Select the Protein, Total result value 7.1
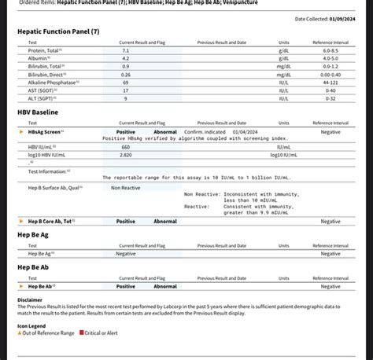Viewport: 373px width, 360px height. [x=126, y=50]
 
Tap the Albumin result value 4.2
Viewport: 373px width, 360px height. [x=126, y=58]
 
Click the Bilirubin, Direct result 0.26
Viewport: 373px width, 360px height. [x=126, y=75]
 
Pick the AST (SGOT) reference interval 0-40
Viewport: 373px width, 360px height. [x=331, y=91]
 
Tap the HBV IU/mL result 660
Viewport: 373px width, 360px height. [x=126, y=147]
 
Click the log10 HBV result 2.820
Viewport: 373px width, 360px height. [x=126, y=155]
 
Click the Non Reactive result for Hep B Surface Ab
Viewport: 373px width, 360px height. [x=126, y=187]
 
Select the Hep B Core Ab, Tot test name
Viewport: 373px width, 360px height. [x=50, y=222]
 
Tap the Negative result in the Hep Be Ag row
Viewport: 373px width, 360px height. [x=126, y=254]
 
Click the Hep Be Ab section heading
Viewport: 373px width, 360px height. [x=34, y=267]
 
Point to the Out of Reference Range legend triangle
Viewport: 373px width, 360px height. [x=20, y=332]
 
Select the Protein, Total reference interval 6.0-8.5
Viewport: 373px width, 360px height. [x=331, y=50]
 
